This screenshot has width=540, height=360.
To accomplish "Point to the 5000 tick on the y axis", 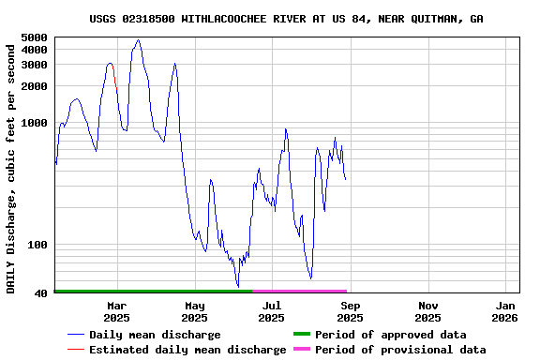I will [x=33, y=37].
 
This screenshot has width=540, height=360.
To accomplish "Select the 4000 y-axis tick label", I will [x=33, y=50].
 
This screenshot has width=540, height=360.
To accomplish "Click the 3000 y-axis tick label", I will [x=33, y=65].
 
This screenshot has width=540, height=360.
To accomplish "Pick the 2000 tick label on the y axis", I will [x=33, y=86].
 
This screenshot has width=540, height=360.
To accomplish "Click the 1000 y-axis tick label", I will [x=33, y=123].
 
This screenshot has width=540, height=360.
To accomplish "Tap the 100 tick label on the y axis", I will [x=37, y=246].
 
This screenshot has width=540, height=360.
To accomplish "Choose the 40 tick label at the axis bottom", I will [x=40, y=294].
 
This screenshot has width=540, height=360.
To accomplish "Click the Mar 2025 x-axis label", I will [x=116, y=311].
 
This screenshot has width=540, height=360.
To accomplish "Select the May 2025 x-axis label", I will [x=194, y=311].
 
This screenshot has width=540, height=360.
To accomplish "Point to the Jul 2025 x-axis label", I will [x=271, y=311].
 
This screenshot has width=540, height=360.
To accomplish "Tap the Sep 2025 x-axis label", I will [x=350, y=311].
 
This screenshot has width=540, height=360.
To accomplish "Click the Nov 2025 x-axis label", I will [x=427, y=311].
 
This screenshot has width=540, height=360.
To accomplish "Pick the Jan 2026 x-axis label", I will [x=505, y=311].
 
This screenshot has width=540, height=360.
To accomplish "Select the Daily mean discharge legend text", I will [x=155, y=335].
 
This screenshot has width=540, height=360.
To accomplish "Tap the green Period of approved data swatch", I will [x=301, y=335].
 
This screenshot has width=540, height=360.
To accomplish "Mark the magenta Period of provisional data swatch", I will [x=301, y=350].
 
